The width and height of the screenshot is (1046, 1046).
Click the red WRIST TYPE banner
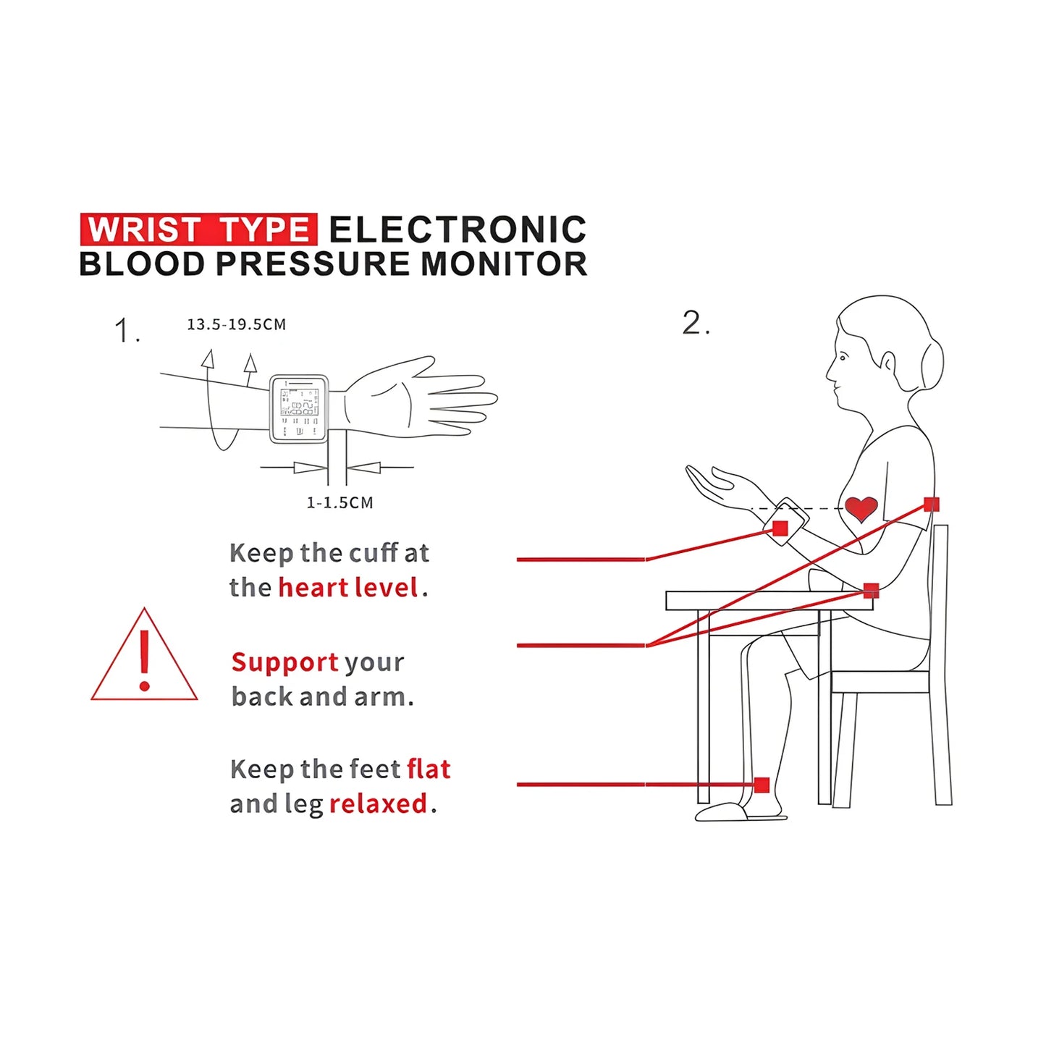198,229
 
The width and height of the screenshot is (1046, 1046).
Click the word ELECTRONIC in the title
457,230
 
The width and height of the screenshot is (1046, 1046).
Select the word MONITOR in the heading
504,264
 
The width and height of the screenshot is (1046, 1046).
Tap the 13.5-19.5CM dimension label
237,324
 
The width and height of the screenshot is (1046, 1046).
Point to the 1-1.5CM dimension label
339,502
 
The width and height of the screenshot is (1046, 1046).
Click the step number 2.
695,323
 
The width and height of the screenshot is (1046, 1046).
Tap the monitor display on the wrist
299,408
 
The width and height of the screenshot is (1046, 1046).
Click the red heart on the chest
861,508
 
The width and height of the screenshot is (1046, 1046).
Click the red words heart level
348,587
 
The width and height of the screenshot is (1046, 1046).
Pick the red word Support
284,662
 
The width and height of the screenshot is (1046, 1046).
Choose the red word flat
429,769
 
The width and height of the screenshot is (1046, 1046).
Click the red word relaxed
378,804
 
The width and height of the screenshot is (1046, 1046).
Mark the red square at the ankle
762,785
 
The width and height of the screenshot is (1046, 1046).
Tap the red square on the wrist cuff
780,528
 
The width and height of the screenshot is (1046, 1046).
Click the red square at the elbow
872,591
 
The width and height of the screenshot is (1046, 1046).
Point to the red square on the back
932,505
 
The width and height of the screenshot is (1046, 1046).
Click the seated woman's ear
888,360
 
